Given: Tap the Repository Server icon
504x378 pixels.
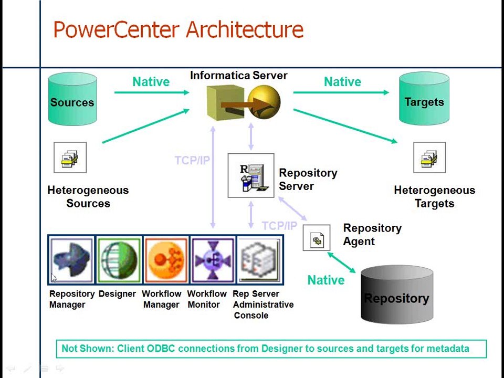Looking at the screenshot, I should coord(250,175).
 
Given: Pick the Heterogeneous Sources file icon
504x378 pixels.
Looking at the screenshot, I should coord(70,157).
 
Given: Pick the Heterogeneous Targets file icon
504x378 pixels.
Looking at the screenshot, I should coord(429,157).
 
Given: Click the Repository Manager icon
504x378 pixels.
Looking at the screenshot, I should coord(71,260).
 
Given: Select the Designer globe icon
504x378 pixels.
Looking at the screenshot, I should coord(119,260).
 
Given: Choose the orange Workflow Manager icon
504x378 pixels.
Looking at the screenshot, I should coord(165,260).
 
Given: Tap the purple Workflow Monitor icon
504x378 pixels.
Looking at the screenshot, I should coord(212,260).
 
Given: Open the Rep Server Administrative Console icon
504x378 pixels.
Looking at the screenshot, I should coord(259,260).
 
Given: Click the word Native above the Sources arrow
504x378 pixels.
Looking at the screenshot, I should coord(151,82).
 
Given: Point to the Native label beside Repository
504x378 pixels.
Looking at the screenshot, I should coord(325,280).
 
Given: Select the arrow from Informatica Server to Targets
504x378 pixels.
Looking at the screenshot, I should coord(341,92).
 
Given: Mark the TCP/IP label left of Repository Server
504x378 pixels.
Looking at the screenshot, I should coord(192,161).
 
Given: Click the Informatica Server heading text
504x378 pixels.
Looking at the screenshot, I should coord(238,76).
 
